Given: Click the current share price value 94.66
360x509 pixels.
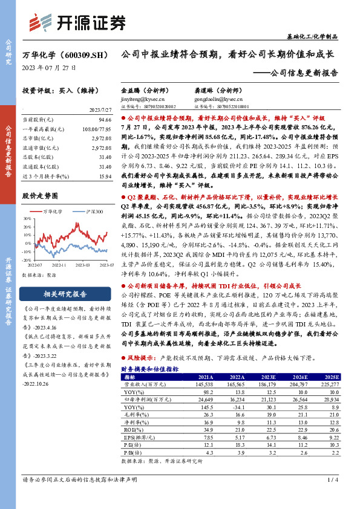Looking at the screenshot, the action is point(105,120).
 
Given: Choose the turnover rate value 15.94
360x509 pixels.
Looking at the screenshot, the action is point(105,176).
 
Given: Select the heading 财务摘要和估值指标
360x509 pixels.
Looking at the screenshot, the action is point(149,368).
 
